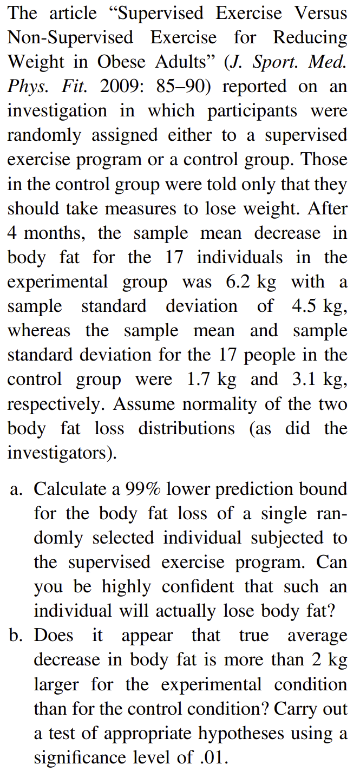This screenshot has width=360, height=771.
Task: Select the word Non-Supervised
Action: point(70,37)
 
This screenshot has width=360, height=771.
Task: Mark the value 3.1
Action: point(305,380)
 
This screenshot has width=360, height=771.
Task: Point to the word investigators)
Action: point(62,453)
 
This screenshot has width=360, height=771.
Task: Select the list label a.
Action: point(17,489)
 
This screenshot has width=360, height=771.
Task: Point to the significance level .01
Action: point(213,757)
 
